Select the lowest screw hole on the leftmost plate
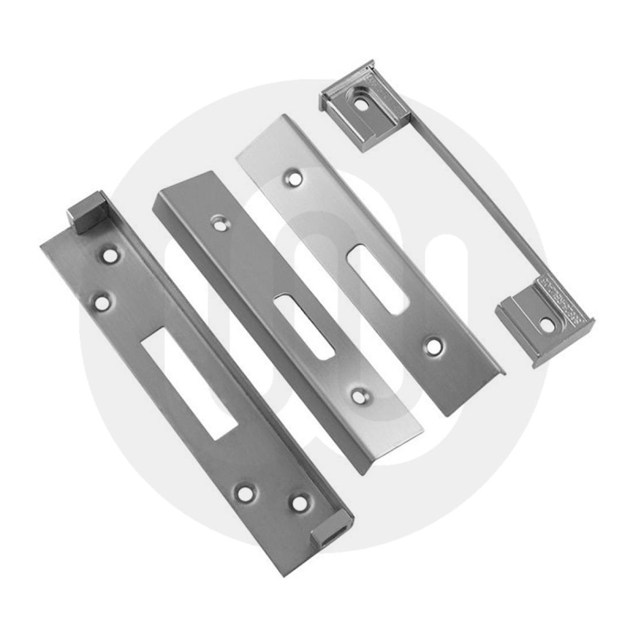point(298,502)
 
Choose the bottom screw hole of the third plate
point(433,346)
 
